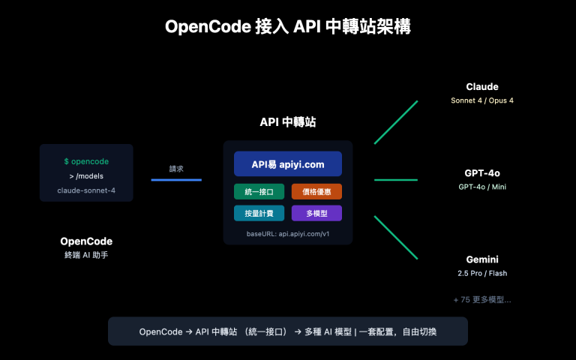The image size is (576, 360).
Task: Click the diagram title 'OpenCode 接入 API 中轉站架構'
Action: (288, 27)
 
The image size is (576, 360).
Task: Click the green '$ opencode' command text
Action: (86, 161)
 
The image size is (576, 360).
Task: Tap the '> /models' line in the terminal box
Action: (86, 175)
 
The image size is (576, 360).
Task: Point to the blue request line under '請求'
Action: (176, 179)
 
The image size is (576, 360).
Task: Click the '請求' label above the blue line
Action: (176, 169)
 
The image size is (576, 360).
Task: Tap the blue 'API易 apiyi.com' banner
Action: (287, 163)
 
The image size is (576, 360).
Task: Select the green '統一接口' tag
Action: (259, 191)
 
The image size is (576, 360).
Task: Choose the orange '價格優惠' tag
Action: (316, 191)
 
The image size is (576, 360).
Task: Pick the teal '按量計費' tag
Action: (259, 214)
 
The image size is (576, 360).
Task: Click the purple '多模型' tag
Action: (316, 214)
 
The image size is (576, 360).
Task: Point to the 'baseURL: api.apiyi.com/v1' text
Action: (287, 234)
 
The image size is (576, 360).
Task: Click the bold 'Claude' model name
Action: (481, 86)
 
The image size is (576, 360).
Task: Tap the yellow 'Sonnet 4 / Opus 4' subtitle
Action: (481, 100)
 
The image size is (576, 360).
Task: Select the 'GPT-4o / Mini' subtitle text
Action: (481, 187)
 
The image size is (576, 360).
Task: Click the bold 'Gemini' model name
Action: (481, 259)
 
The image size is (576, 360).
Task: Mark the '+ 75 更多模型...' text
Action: (481, 299)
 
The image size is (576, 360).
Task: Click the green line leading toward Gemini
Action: (395, 238)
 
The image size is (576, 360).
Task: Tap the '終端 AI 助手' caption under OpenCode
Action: (86, 256)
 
